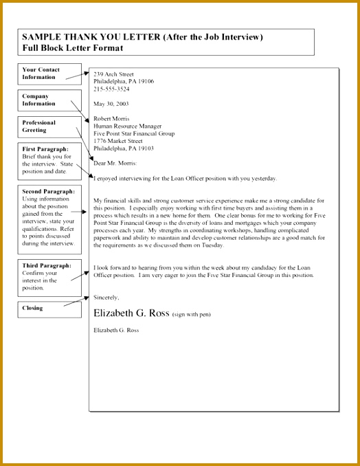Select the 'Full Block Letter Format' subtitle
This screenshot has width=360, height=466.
coord(73,48)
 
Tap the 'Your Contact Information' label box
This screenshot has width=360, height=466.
coord(41,74)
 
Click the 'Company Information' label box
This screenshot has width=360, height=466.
coord(41,100)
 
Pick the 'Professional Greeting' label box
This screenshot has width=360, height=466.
coord(41,126)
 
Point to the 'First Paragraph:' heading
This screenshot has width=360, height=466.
coord(45,148)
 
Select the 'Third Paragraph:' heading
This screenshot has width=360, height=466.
coord(45,265)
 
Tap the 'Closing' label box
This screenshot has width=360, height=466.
coord(32,308)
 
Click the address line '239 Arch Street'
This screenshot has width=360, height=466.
coord(114,73)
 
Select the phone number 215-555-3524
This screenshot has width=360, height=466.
coord(111,89)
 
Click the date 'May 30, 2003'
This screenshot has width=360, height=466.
coord(111,104)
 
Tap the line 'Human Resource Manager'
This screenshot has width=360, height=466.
coord(128,126)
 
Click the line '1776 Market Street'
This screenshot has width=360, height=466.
coord(120,141)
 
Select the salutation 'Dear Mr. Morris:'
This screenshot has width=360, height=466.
coord(115,163)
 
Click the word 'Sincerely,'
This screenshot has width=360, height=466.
coord(106,297)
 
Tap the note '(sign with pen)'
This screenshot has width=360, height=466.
coord(191,314)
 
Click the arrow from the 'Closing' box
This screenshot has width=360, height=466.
coord(76,302)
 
